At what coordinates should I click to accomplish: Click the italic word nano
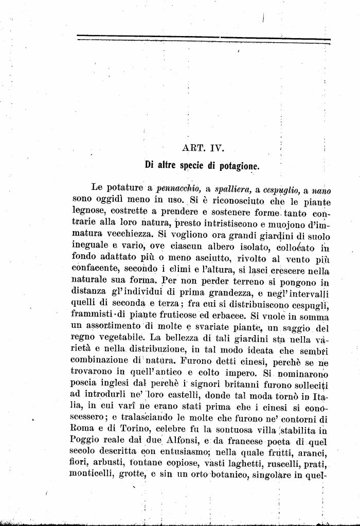(x=321, y=190)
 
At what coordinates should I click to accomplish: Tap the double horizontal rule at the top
(x=204, y=39)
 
